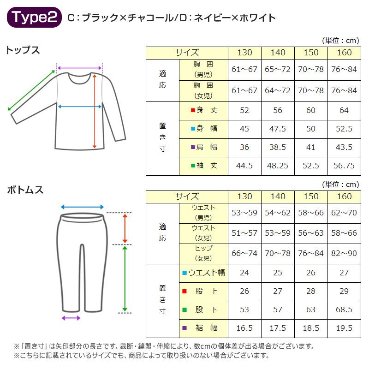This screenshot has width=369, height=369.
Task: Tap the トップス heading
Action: click(23, 50)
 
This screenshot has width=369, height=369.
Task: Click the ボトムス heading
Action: click(25, 190)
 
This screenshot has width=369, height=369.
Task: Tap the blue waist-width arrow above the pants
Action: click(82, 207)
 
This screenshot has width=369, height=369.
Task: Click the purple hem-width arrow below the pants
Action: click(71, 318)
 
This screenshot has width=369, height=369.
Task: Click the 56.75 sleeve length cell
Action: click(344, 166)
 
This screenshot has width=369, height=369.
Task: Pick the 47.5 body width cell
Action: click(278, 128)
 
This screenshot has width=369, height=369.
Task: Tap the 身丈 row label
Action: click(204, 110)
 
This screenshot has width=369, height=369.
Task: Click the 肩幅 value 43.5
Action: click(344, 147)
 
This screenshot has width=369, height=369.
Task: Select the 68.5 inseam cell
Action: click(344, 309)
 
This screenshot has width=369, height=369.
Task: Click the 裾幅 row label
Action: click(204, 328)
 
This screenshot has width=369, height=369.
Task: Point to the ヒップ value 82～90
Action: click(344, 253)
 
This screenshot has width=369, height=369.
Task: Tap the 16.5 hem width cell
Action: click(244, 328)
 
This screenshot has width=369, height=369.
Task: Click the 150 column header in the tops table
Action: click(311, 52)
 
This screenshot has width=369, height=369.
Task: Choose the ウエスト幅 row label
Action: click(204, 273)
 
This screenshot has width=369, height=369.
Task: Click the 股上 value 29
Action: click(344, 291)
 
